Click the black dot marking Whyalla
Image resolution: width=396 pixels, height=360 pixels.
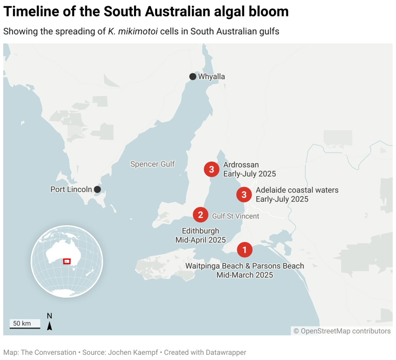point(193,77)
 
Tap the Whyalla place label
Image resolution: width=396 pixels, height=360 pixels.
point(211,77)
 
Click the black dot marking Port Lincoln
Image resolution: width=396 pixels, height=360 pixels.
point(97,190)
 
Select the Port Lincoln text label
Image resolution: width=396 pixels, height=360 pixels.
point(71,190)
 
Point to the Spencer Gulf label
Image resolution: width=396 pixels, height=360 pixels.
point(152,164)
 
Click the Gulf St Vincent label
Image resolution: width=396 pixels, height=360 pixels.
point(236,216)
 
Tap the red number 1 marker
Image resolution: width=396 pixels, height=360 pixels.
point(244,250)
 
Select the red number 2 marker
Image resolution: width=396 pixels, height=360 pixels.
point(201,215)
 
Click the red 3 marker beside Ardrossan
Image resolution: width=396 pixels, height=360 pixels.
point(211,169)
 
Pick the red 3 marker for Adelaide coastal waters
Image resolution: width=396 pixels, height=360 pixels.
point(244,195)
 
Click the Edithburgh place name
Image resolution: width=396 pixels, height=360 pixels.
point(201,231)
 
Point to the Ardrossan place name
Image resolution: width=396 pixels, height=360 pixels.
point(241,165)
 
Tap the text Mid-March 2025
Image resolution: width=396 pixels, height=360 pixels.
point(244,275)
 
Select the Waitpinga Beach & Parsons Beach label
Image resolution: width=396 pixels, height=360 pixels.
point(244,266)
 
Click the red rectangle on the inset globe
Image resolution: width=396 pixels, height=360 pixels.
point(67,261)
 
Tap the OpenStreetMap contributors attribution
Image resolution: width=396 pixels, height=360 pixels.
point(342,331)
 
